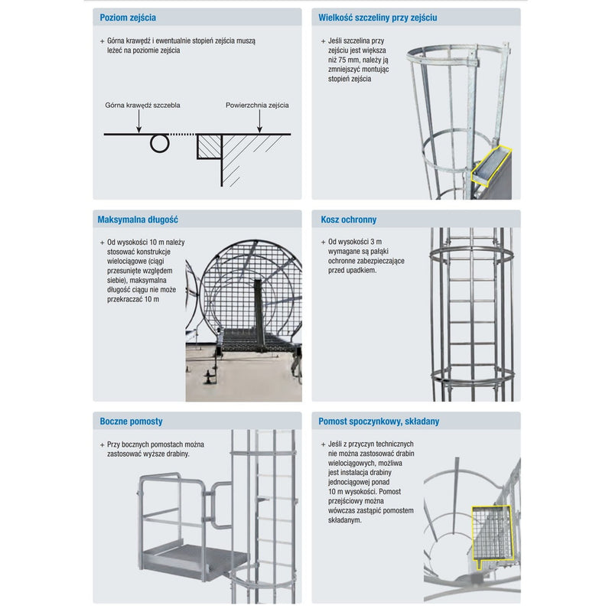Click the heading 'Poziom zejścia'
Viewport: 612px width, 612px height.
tap(128, 18)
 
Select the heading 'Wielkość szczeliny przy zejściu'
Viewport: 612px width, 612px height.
tap(377, 18)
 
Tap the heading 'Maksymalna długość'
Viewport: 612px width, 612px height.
tap(138, 220)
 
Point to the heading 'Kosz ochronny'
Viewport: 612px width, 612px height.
tap(349, 220)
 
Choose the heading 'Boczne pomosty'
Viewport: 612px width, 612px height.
tap(131, 422)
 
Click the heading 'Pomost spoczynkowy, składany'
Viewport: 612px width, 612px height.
tap(379, 422)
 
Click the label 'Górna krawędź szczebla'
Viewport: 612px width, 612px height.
tap(142, 105)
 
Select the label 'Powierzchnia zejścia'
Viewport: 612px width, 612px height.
tap(257, 105)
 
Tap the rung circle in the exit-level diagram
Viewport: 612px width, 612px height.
tap(159, 143)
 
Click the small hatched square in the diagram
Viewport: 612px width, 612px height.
tap(209, 147)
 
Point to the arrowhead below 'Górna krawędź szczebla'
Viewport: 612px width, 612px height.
tap(138, 129)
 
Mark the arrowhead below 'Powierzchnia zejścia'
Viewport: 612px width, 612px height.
tap(259, 129)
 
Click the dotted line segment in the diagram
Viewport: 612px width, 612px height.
tap(182, 135)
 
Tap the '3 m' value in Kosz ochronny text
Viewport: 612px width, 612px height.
tap(376, 242)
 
